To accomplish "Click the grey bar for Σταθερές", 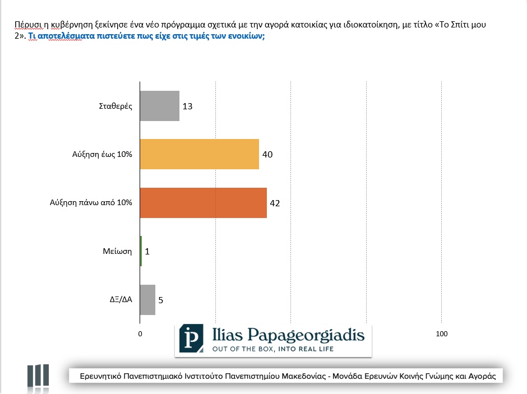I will click(x=159, y=106).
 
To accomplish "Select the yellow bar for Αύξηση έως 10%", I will click(x=199, y=154).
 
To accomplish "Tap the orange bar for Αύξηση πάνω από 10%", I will click(x=203, y=202).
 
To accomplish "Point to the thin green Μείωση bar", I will click(x=141, y=251).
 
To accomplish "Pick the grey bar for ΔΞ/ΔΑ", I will click(x=147, y=300).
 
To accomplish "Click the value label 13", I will click(x=188, y=106).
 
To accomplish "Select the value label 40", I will click(x=267, y=154).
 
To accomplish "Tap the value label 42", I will click(x=275, y=203).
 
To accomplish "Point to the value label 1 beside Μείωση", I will click(x=147, y=252).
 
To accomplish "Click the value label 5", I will click(x=161, y=300).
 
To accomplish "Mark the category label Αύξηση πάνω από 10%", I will click(x=91, y=203).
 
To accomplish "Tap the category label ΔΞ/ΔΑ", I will click(x=120, y=300).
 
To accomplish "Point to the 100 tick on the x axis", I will click(x=442, y=334).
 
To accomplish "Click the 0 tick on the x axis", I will click(x=140, y=334).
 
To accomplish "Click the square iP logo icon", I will click(x=191, y=339).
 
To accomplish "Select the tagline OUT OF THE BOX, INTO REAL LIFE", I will click(x=272, y=349).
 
